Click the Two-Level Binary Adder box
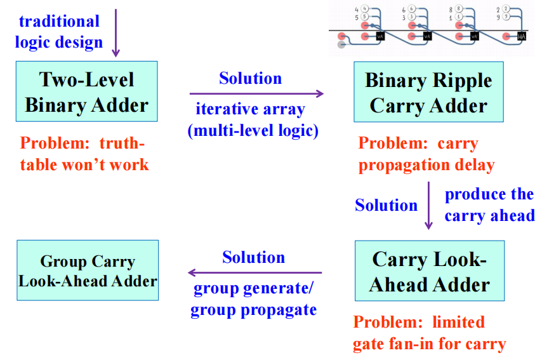(x=87, y=91)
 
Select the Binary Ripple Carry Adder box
(x=429, y=92)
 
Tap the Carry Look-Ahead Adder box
(x=430, y=271)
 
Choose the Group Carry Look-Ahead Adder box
(x=88, y=270)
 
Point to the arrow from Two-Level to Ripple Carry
(x=256, y=94)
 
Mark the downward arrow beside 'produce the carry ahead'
(x=428, y=205)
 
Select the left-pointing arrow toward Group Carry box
(x=254, y=273)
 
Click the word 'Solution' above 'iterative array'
(x=250, y=79)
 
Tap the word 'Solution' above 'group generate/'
(x=253, y=257)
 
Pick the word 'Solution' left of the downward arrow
(x=386, y=205)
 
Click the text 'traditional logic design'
(x=60, y=32)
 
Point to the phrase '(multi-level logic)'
(x=253, y=130)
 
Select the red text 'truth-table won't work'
(x=84, y=154)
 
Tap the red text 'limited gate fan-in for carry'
(x=430, y=333)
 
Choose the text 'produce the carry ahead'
(x=489, y=204)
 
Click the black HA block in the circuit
(x=522, y=36)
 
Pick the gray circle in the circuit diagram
(x=342, y=44)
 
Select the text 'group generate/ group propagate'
(x=253, y=300)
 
